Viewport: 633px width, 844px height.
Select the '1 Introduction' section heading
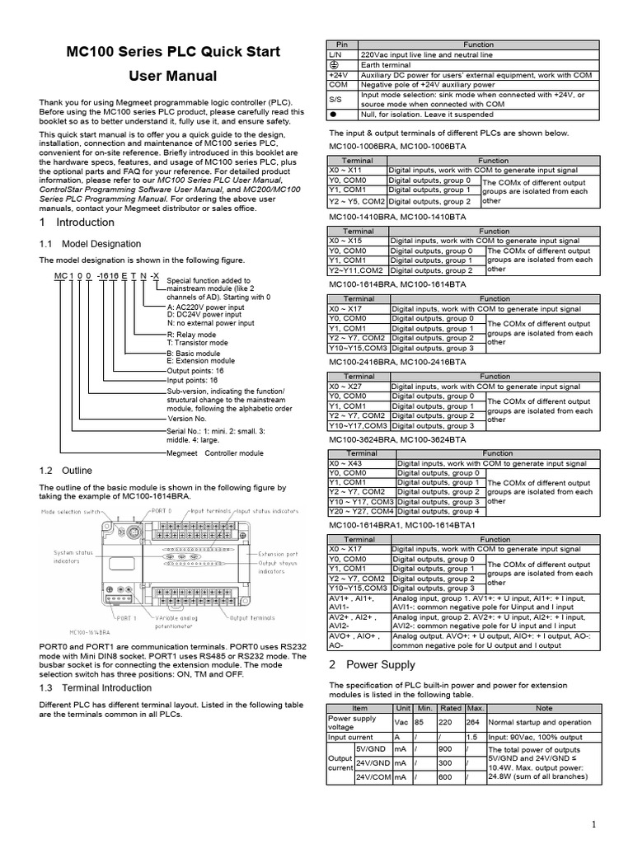(x=77, y=223)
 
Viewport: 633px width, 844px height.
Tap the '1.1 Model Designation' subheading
(x=90, y=244)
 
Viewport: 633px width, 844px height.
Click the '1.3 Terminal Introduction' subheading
(x=96, y=687)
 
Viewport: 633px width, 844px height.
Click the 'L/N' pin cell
(x=335, y=54)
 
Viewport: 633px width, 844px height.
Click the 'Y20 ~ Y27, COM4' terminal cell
(x=362, y=511)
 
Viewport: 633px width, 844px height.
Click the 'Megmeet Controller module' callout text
(x=215, y=453)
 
